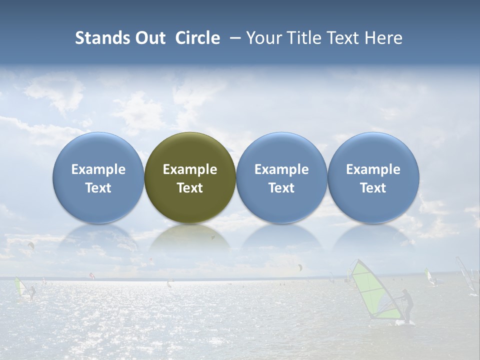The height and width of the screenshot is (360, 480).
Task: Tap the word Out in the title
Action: (x=150, y=38)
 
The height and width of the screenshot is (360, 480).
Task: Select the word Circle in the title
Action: (x=197, y=38)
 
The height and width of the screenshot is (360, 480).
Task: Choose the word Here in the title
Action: (x=383, y=38)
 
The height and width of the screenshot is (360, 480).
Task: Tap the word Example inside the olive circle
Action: (x=190, y=169)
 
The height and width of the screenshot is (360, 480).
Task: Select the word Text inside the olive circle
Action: (x=190, y=188)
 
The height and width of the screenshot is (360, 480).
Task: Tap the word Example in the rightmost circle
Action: (x=373, y=169)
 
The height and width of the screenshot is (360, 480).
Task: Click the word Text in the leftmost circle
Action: (x=98, y=188)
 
